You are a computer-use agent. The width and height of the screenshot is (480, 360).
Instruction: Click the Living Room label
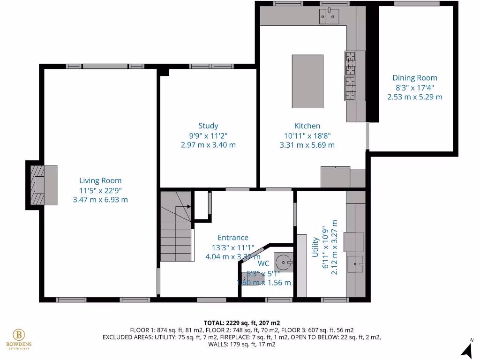tap(100, 180)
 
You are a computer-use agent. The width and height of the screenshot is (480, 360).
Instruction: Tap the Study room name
tap(208, 126)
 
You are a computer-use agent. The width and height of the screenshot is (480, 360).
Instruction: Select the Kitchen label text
tap(307, 126)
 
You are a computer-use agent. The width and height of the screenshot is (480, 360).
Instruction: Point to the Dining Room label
tap(415, 78)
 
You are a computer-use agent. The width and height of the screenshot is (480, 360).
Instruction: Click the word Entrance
tap(233, 238)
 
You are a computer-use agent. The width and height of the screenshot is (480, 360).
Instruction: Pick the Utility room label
tap(315, 247)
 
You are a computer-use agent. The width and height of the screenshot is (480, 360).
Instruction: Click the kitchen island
tap(307, 81)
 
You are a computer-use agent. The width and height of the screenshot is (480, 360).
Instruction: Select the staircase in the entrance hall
tap(176, 225)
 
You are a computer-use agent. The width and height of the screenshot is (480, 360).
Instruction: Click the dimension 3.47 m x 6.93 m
tap(100, 200)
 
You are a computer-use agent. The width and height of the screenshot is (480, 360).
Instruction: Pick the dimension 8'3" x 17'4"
tap(415, 88)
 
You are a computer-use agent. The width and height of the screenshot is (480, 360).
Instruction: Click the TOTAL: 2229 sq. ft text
tap(242, 323)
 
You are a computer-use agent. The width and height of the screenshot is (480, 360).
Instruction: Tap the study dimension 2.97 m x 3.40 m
tap(208, 145)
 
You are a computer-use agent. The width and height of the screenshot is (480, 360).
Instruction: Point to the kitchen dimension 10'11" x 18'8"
tap(307, 135)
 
